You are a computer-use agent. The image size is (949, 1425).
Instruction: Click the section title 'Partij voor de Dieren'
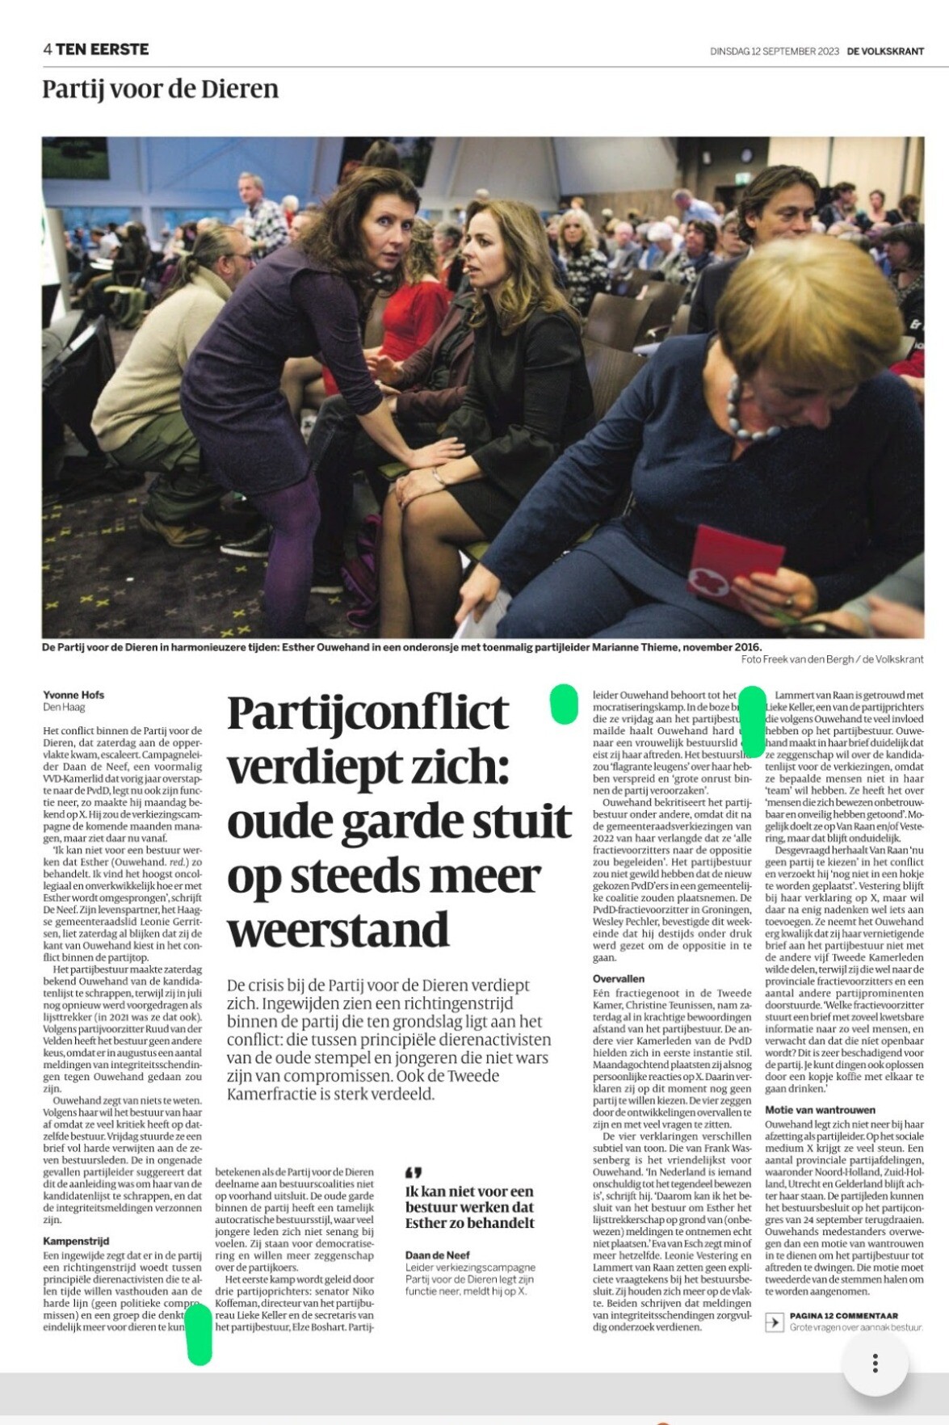click(160, 89)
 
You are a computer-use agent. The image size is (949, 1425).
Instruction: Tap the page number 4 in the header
click(48, 49)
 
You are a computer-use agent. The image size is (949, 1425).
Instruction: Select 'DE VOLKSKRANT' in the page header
click(885, 52)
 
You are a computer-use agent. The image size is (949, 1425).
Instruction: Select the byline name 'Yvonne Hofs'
click(73, 695)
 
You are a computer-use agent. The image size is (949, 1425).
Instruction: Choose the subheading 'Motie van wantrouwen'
click(820, 1110)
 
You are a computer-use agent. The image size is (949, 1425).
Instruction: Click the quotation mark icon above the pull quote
click(414, 1171)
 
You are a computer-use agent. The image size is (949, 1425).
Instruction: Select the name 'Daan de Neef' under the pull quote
click(438, 1255)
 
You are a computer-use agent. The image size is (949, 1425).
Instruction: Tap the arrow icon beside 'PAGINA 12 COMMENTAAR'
click(774, 1322)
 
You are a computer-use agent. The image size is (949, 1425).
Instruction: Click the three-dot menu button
click(875, 1364)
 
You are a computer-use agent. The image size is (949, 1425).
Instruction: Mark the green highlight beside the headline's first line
click(563, 703)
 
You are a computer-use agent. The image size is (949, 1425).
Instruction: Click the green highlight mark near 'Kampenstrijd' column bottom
click(199, 1334)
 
